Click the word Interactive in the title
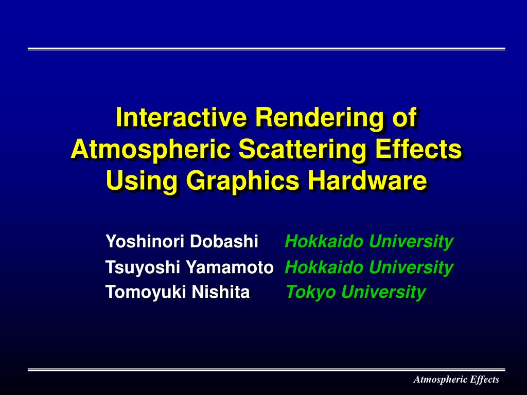click(182, 118)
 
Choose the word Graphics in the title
click(242, 181)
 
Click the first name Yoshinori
click(145, 241)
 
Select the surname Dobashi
click(224, 241)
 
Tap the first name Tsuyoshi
click(143, 267)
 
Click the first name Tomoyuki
click(146, 292)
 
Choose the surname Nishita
click(221, 292)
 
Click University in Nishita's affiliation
click(383, 292)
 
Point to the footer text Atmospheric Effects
click(456, 380)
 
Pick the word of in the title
click(405, 118)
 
